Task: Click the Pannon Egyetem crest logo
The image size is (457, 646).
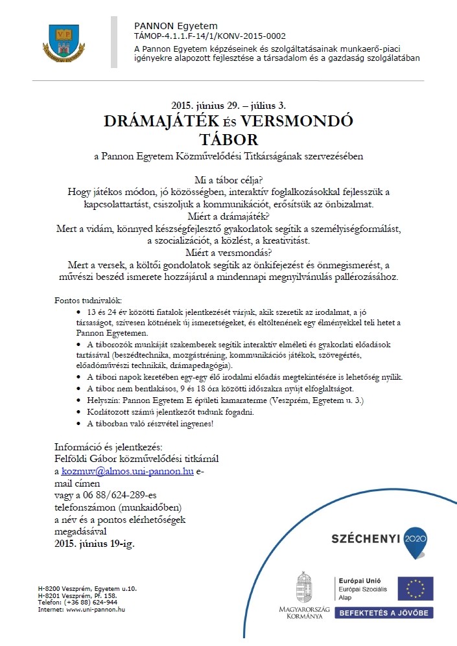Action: point(64,41)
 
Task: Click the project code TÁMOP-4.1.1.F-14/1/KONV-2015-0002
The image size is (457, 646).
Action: point(209,36)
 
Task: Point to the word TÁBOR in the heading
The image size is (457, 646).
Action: point(228,139)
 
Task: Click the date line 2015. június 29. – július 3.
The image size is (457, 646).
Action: point(228,104)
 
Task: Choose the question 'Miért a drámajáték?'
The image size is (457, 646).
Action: point(228,216)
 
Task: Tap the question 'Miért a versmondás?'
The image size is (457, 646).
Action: point(228,252)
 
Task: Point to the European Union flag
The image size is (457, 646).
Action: point(416,588)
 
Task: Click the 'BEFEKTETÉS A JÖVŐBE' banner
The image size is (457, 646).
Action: point(384,612)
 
